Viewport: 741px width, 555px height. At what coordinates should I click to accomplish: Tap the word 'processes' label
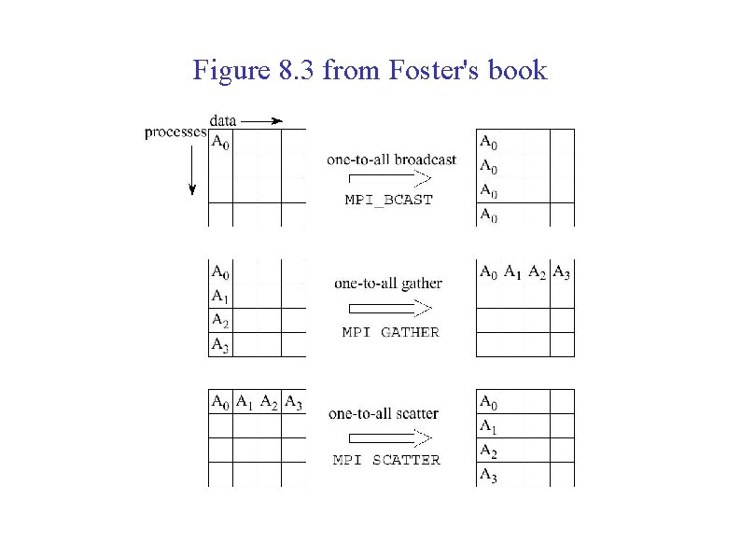[x=175, y=132]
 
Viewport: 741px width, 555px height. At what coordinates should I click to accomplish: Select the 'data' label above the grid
[x=222, y=120]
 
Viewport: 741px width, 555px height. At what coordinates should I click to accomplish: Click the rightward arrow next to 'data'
[x=262, y=120]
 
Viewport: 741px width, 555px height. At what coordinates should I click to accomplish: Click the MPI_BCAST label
[x=389, y=200]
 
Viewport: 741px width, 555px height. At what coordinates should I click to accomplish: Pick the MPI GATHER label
[x=390, y=332]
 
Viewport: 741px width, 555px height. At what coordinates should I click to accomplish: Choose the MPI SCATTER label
[x=386, y=460]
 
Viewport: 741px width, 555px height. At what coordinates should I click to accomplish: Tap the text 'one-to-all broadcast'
[x=392, y=160]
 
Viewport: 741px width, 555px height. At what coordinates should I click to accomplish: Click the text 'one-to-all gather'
[x=387, y=284]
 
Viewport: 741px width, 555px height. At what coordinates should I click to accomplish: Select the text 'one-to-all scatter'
[x=384, y=413]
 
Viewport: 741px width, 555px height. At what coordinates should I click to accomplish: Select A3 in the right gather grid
[x=562, y=272]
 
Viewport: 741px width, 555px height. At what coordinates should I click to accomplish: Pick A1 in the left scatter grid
[x=245, y=403]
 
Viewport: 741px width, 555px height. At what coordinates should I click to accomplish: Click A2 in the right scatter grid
[x=488, y=451]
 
